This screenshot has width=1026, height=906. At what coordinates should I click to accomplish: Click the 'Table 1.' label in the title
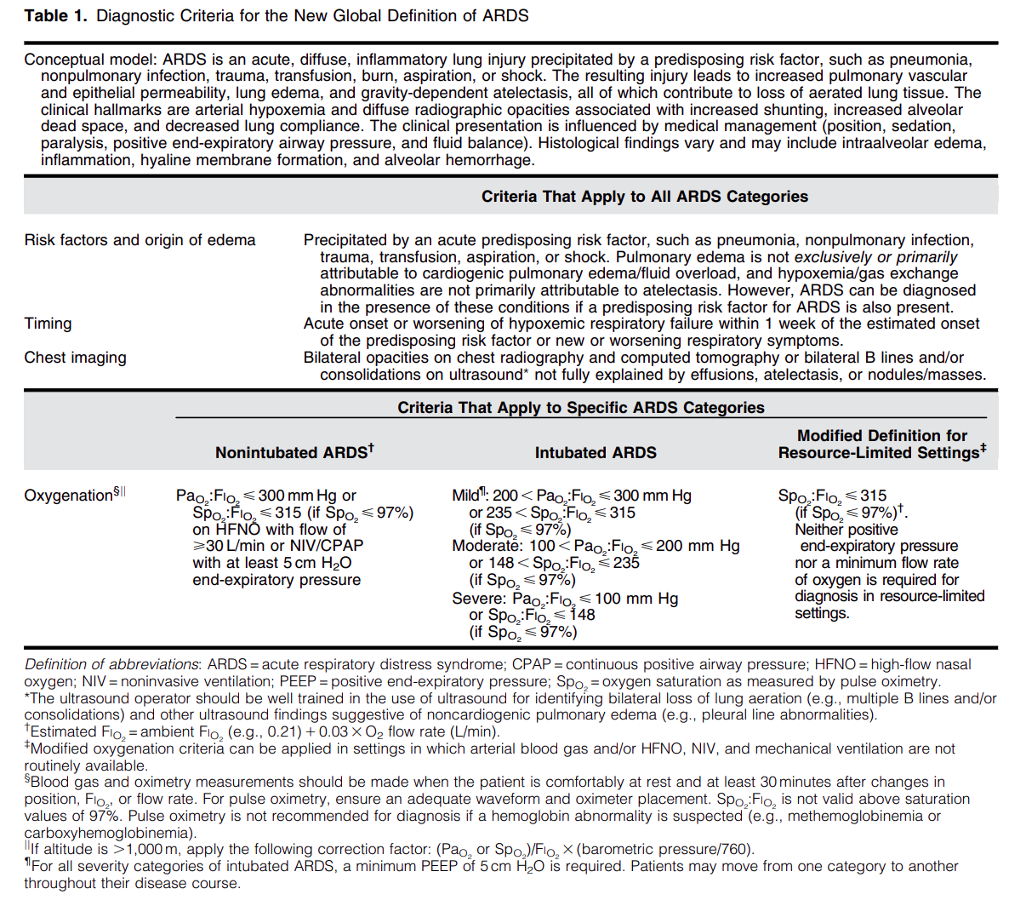[55, 16]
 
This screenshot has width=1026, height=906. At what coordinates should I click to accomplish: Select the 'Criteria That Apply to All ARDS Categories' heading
[644, 197]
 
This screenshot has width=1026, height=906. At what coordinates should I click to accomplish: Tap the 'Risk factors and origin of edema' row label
[140, 240]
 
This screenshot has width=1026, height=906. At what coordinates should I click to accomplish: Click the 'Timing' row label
[48, 324]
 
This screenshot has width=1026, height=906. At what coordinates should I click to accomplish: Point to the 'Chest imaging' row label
[75, 358]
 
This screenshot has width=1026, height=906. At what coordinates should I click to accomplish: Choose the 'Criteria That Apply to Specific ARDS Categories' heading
[580, 407]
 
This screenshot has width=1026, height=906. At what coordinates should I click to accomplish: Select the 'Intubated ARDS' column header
[596, 453]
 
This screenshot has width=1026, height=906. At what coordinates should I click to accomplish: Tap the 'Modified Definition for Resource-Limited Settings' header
[881, 444]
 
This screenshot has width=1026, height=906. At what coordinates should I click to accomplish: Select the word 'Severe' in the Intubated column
[477, 599]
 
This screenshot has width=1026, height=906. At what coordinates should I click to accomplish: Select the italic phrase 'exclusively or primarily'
[875, 257]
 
